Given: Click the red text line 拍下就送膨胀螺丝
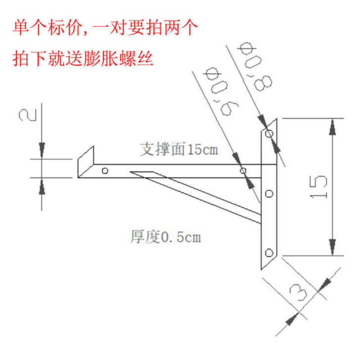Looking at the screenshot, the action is coord(83,58).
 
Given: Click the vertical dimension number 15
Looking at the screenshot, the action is coord(318,186).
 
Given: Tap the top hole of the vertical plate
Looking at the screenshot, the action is coord(269,134).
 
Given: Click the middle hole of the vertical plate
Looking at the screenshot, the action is coord(269,193).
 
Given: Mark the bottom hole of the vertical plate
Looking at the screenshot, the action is coord(269,252).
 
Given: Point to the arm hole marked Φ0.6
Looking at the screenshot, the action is coord(243,171).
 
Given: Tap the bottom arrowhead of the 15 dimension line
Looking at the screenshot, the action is coord(333,246).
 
